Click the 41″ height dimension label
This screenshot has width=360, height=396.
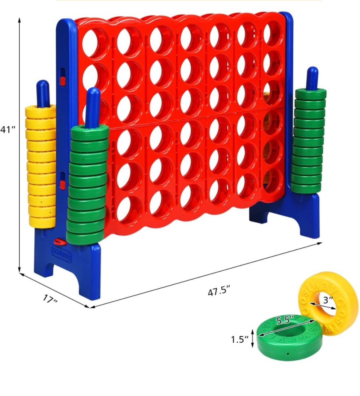(8, 130)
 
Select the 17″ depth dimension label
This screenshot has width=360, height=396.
(50, 300)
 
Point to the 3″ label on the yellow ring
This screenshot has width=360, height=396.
(328, 300)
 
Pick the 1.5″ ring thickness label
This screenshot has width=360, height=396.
(240, 340)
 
